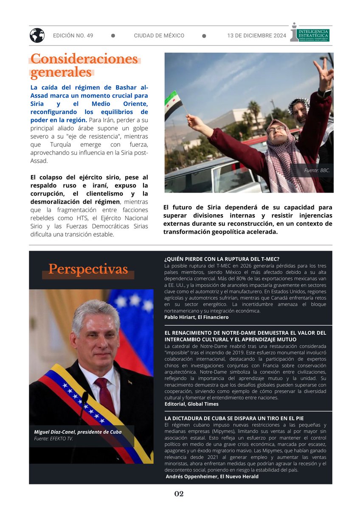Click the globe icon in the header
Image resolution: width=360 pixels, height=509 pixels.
coord(37,35)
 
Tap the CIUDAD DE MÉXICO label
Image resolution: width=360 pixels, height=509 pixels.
coord(159,36)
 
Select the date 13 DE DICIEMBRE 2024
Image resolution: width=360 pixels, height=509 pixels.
coord(257,36)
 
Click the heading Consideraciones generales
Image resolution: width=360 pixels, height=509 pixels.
coord(84,65)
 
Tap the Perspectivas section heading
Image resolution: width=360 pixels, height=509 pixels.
coord(88,269)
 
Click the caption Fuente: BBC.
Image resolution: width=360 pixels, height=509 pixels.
coord(317,170)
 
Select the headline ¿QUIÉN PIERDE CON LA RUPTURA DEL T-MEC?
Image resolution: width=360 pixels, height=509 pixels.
coord(222,259)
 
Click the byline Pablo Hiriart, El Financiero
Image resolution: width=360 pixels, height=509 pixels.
coord(196,317)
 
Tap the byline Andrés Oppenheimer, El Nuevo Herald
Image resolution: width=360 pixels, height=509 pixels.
coord(211,476)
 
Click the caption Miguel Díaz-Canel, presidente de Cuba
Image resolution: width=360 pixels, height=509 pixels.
coord(78,432)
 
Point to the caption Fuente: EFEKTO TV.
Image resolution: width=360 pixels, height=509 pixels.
coord(53,439)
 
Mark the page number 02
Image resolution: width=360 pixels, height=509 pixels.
coord(179,494)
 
